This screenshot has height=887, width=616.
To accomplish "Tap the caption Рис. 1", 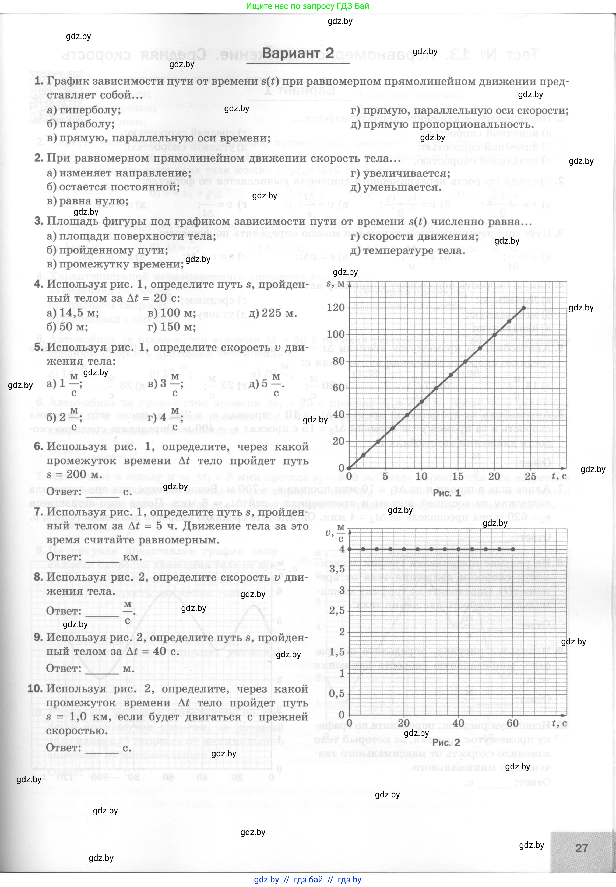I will coord(446,493).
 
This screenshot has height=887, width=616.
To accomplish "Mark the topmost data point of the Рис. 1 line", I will coord(523,308).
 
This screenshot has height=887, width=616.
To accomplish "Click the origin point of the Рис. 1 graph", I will coord(349,468).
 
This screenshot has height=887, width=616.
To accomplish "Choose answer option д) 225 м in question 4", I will coord(273,313).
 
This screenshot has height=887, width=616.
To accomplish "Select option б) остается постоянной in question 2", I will coord(113,187).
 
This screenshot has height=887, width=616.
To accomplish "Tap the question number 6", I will coord(38,446).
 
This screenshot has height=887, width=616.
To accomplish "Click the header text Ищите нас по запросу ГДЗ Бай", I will coord(308,6).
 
